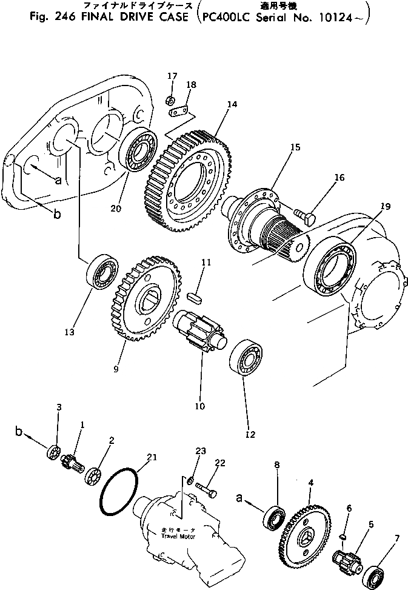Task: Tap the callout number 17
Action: coord(172,76)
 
